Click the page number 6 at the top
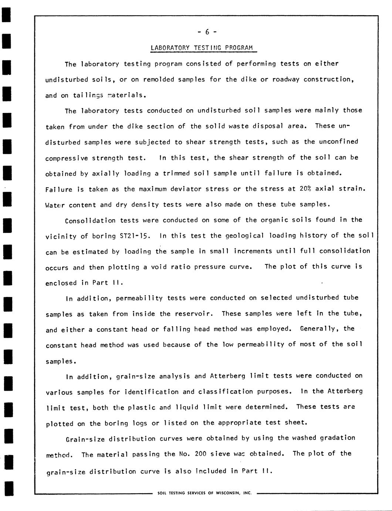[x=207, y=32]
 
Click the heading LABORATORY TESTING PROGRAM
[x=202, y=48]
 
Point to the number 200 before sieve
[x=200, y=454]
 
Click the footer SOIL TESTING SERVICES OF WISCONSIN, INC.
[x=205, y=493]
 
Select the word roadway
[x=286, y=79]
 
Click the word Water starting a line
[x=55, y=205]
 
